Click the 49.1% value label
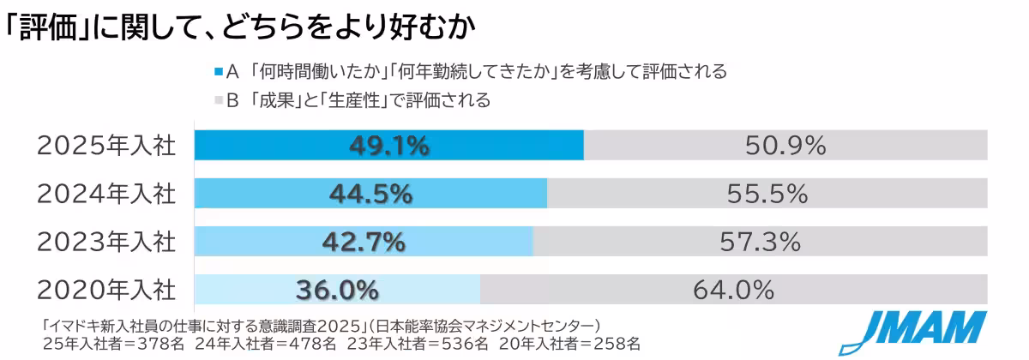(x=389, y=146)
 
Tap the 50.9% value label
(x=785, y=146)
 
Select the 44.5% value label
(x=370, y=195)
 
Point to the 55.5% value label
(x=767, y=195)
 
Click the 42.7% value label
(x=364, y=243)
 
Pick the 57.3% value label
(x=761, y=243)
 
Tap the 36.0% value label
(x=337, y=291)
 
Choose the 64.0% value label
(x=734, y=291)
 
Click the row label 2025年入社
(x=106, y=147)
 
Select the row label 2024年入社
(x=106, y=195)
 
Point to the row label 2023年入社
(x=106, y=243)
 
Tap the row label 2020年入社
(x=106, y=291)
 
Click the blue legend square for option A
(x=218, y=72)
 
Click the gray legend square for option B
(x=218, y=100)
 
